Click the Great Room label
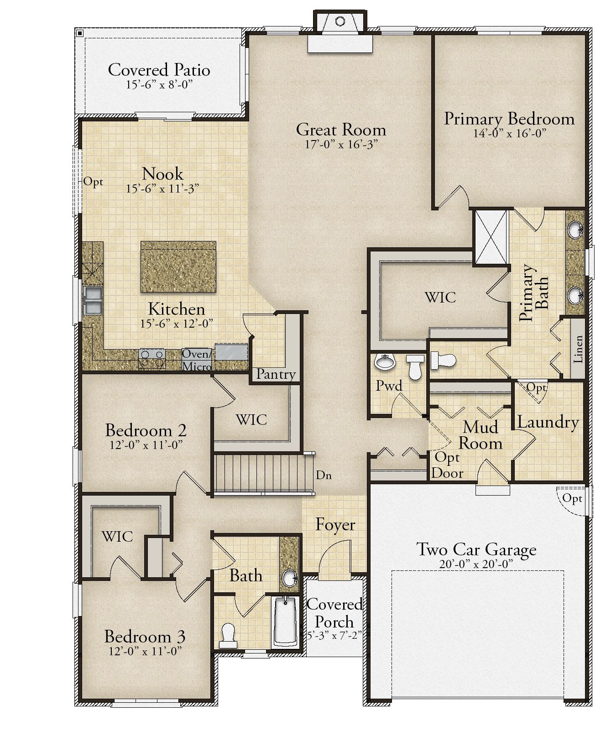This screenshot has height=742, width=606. pyautogui.click(x=341, y=130)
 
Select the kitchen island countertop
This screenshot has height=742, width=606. pyautogui.click(x=178, y=267)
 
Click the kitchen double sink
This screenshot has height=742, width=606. pyautogui.click(x=93, y=300)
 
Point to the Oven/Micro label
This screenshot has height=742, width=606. pyautogui.click(x=197, y=360)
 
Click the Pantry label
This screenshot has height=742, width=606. pyautogui.click(x=276, y=374)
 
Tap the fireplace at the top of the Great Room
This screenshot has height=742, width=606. pyautogui.click(x=340, y=32)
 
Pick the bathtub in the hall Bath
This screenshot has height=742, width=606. pyautogui.click(x=285, y=621)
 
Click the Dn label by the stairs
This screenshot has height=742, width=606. pyautogui.click(x=324, y=476)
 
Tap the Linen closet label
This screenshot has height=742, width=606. pyautogui.click(x=578, y=349)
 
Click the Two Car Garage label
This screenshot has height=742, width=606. pyautogui.click(x=476, y=549)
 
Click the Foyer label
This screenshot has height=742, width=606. pyautogui.click(x=335, y=525)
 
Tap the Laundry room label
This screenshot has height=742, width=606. pyautogui.click(x=548, y=422)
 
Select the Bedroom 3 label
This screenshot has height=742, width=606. pyautogui.click(x=145, y=637)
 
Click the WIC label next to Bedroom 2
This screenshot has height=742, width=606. pyautogui.click(x=251, y=420)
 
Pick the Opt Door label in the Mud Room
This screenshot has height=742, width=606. pyautogui.click(x=447, y=465)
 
